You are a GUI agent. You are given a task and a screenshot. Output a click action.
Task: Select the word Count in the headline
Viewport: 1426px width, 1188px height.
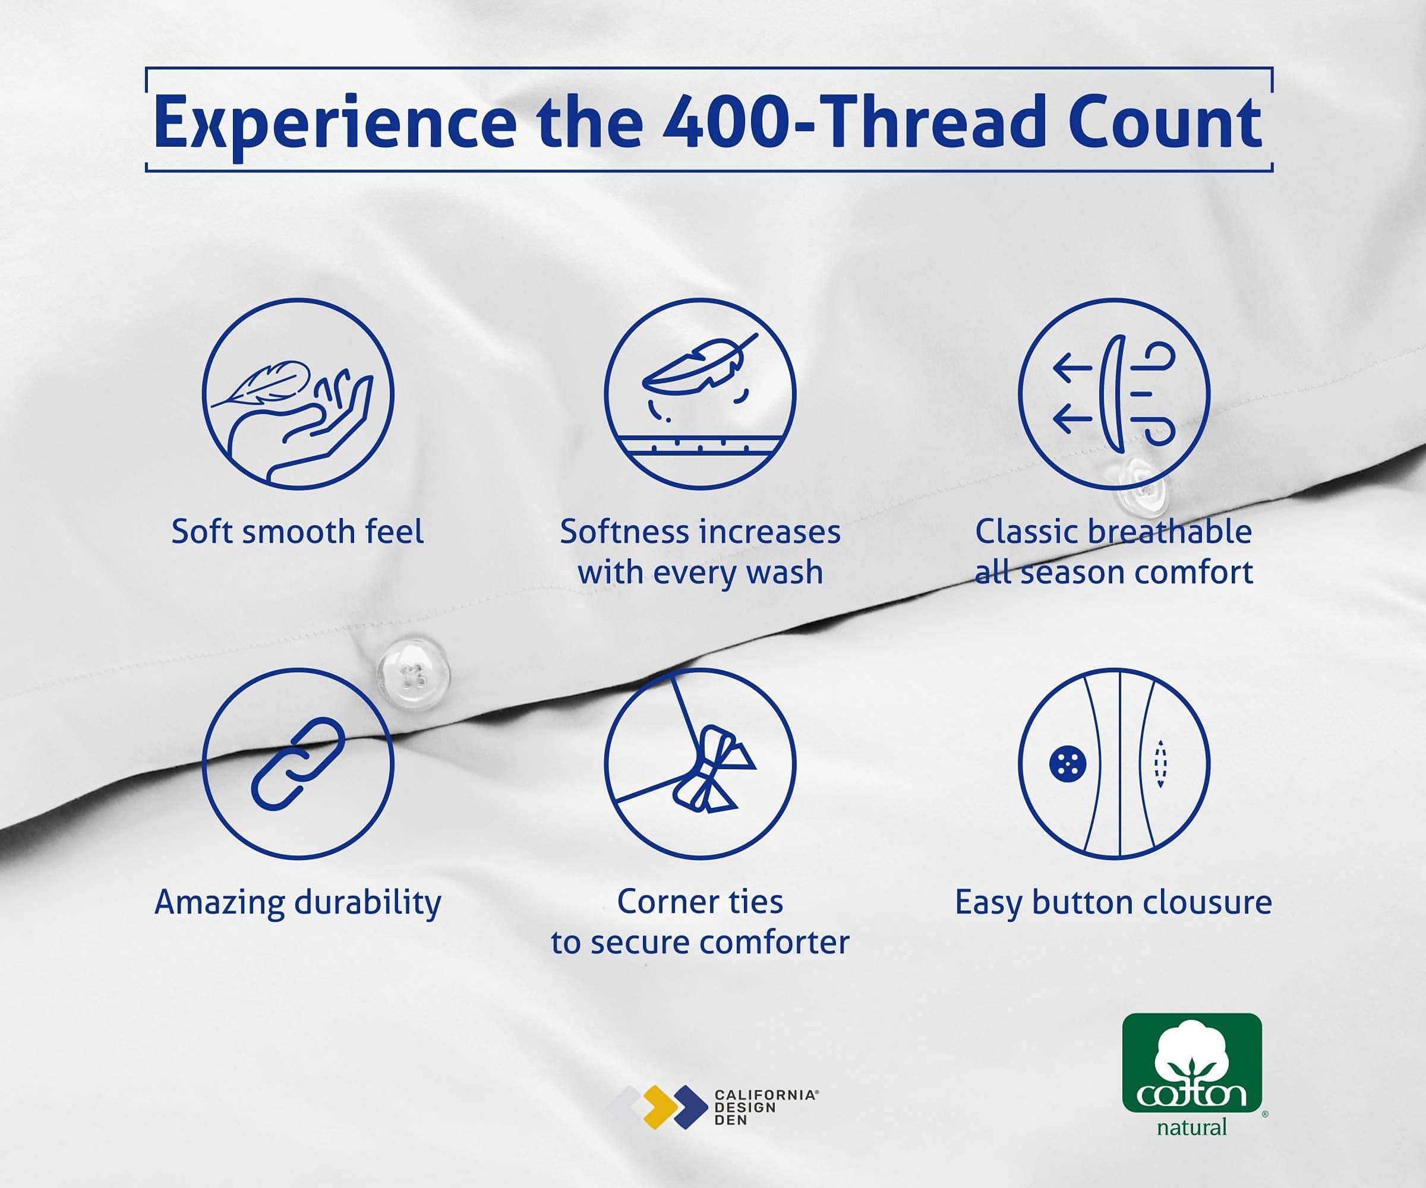tap(1165, 123)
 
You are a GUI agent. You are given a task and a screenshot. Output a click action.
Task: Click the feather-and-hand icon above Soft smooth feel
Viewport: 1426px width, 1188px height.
tap(298, 394)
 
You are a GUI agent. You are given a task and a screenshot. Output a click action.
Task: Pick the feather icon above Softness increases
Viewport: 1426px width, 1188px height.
tap(700, 394)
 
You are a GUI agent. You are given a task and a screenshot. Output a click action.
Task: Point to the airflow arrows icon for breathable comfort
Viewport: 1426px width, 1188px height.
tap(1113, 394)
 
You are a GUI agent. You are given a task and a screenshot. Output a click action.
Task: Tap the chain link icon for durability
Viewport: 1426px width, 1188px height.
tap(298, 764)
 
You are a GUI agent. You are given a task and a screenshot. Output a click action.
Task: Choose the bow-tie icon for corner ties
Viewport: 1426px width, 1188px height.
tap(700, 764)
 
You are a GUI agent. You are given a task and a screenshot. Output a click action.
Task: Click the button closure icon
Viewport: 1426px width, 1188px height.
tap(1113, 764)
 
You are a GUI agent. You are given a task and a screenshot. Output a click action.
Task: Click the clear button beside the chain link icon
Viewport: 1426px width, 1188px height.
tap(414, 671)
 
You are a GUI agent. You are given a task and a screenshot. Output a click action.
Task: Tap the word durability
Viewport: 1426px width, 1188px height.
tap(368, 903)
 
